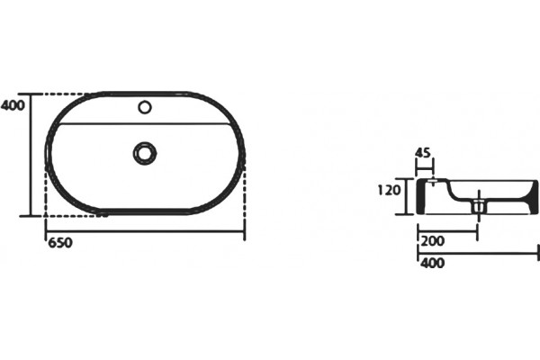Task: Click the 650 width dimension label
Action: (60, 243)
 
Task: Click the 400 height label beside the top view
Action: (13, 105)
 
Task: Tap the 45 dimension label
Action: (423, 152)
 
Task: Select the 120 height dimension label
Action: (389, 190)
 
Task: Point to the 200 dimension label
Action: (433, 241)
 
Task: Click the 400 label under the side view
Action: (433, 263)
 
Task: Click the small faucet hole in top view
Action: (145, 107)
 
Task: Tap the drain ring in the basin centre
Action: (145, 153)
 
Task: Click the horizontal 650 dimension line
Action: (145, 231)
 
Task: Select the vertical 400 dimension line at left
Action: (31, 155)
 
